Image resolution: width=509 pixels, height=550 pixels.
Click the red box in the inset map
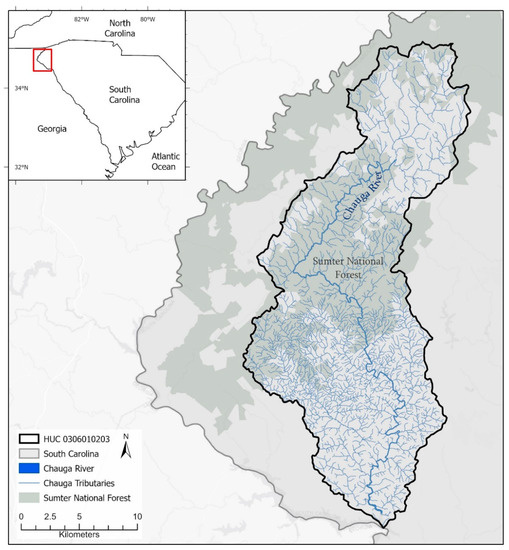coord(42,60)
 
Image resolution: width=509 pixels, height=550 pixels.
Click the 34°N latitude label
coord(21,89)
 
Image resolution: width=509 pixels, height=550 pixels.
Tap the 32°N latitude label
coord(21,167)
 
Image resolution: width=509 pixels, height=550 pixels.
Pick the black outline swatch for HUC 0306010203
coord(35,440)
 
